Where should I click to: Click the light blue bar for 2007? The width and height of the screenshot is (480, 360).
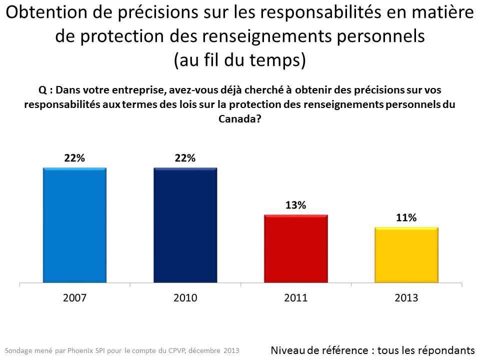tap(74, 225)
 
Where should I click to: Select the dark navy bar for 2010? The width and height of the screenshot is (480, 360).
tap(185, 225)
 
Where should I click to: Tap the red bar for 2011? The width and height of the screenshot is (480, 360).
tap(296, 249)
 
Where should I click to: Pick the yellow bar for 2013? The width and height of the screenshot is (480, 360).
tap(406, 255)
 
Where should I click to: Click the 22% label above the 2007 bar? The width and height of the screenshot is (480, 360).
tap(74, 158)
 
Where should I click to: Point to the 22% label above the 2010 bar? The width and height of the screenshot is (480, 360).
tap(185, 158)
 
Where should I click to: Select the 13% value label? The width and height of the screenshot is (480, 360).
tap(296, 205)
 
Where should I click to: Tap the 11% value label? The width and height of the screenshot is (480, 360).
tap(406, 217)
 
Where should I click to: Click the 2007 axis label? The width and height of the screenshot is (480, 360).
tap(74, 298)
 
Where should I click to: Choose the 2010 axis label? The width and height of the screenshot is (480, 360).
tap(185, 298)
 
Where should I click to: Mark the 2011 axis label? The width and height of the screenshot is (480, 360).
tap(296, 298)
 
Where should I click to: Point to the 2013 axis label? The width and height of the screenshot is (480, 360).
tap(406, 298)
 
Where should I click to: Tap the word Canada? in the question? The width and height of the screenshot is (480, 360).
tap(239, 119)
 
